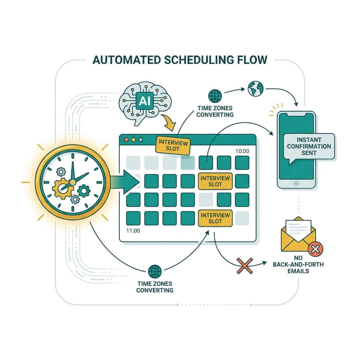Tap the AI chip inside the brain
(x=145, y=101)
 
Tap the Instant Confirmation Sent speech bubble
(x=309, y=146)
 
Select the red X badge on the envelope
(x=315, y=250)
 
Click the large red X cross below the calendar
(x=245, y=265)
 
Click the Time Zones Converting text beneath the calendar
(x=155, y=287)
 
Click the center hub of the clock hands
(x=73, y=182)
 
